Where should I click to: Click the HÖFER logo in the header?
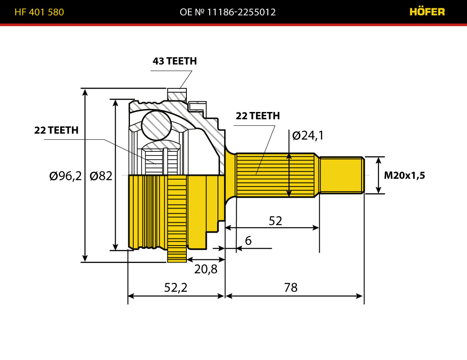point(427,12)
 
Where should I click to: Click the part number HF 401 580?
point(39,12)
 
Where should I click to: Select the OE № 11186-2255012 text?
point(227,12)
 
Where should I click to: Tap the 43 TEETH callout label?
point(174,61)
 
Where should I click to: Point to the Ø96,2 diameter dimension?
point(65,176)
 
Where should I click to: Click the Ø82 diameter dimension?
point(101,176)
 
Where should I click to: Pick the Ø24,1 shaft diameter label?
point(308,135)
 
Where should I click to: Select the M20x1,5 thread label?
point(404,175)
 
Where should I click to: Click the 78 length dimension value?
point(291,287)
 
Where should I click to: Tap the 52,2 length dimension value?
point(176,287)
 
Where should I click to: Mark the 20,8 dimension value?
point(206,269)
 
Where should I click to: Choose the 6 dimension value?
point(248,241)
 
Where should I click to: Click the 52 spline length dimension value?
point(275,221)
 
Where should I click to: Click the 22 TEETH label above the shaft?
point(258,116)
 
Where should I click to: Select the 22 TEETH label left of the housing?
point(56,130)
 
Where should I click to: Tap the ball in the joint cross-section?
point(156,125)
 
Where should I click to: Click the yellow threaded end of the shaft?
point(342,175)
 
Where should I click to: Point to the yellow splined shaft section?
point(275,175)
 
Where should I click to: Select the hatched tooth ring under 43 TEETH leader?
point(177,95)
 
